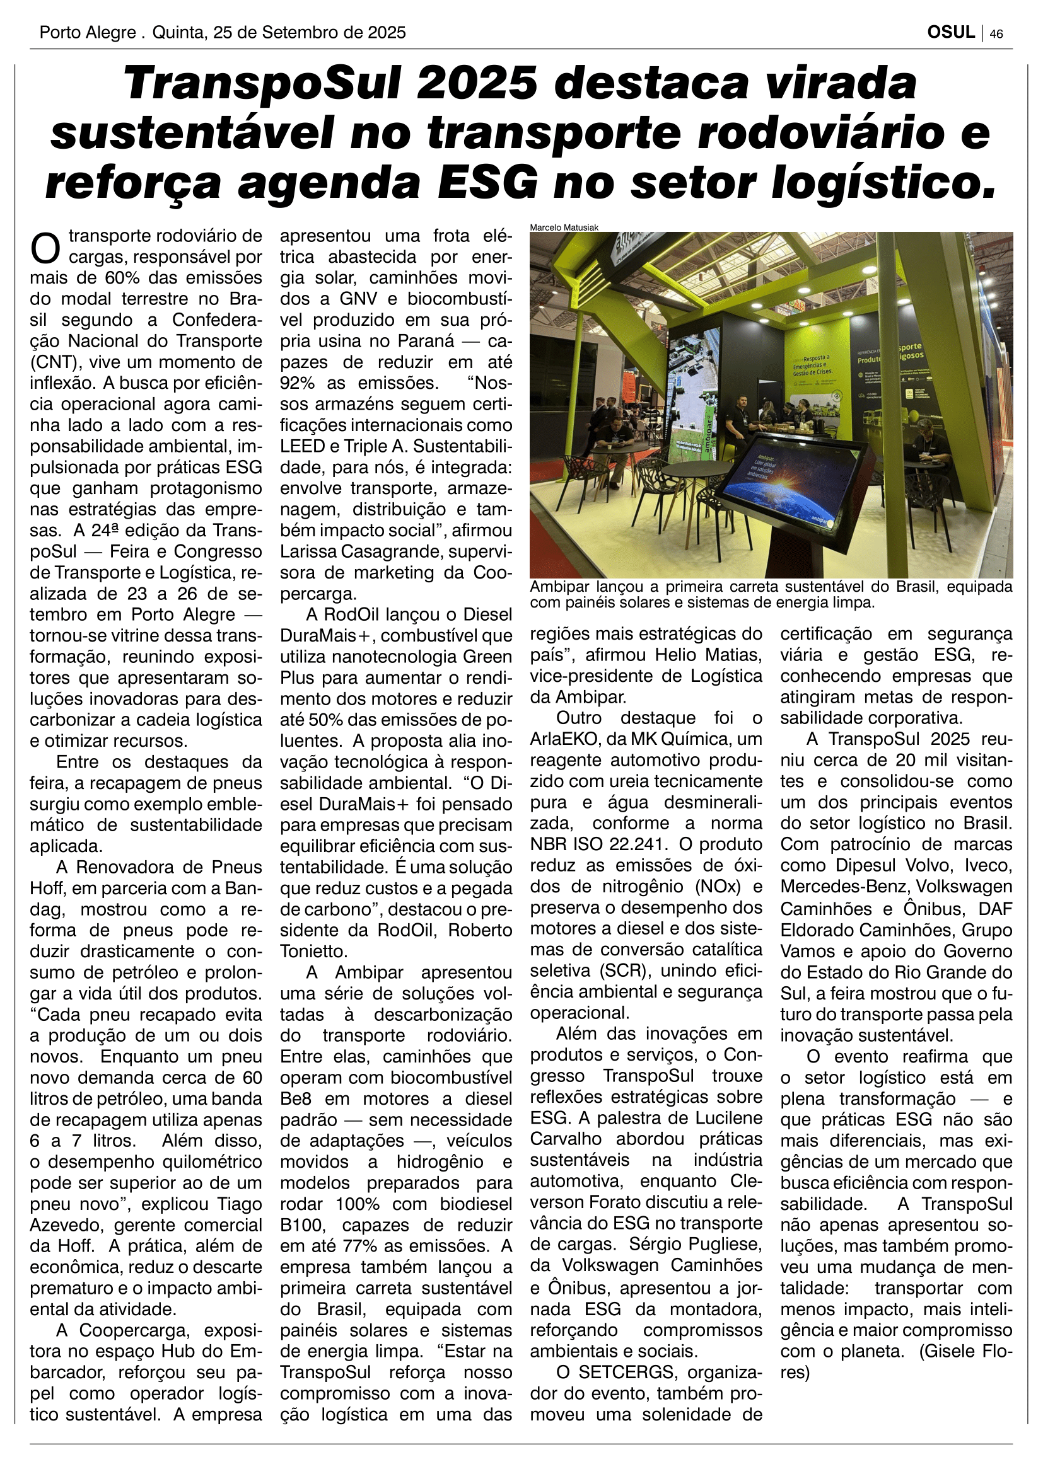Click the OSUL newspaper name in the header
click(950, 32)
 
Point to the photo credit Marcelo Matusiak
click(564, 227)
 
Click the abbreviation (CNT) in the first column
click(54, 362)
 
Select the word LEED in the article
click(300, 446)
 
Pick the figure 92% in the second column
click(298, 383)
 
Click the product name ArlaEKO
click(566, 739)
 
